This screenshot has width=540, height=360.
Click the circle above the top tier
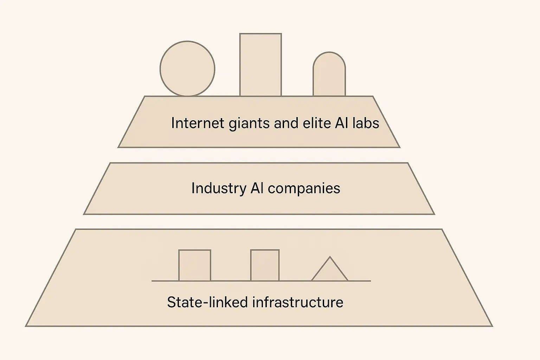187,69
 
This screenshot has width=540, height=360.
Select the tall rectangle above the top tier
261,65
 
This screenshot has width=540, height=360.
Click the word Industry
218,188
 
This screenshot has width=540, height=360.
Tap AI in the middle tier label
257,188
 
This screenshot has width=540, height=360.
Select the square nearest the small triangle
265,265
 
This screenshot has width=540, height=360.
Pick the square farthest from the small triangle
195,265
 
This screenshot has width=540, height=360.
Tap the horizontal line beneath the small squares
232,281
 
